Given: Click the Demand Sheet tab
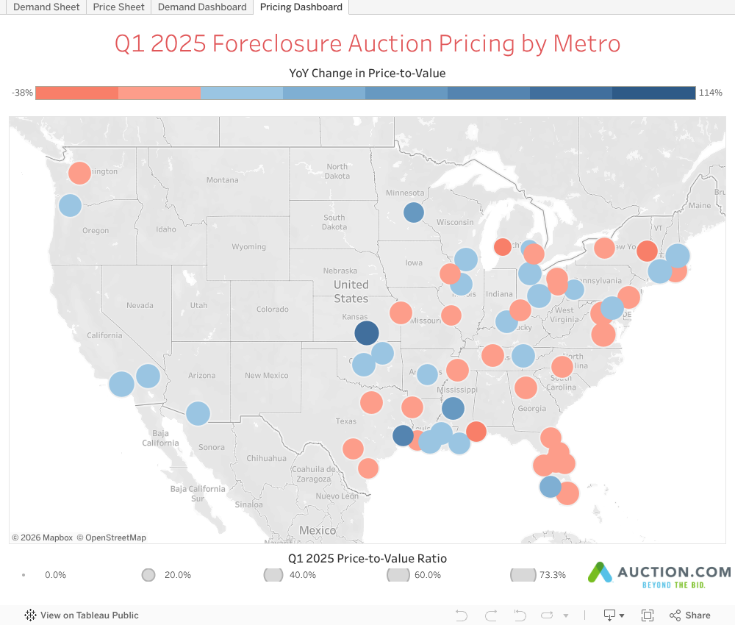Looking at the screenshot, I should point(46,7).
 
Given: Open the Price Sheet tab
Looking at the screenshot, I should point(119,7).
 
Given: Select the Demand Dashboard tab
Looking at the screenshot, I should point(202,7).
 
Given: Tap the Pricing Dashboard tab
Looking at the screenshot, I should point(301,7).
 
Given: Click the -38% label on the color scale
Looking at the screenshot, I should point(22,93).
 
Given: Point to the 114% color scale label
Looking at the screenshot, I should point(711,93).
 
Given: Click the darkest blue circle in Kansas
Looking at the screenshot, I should point(366,332).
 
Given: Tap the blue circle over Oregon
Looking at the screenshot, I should point(70,206).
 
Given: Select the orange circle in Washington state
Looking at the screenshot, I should point(79,174).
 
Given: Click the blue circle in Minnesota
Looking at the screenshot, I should point(414,213).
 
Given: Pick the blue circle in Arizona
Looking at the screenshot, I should point(198,413).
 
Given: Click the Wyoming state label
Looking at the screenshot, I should point(248,247).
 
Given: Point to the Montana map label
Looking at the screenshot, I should point(222,180).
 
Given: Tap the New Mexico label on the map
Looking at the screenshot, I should point(266,376).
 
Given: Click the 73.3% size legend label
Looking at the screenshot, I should point(552,575).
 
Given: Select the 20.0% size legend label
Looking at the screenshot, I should point(177,575).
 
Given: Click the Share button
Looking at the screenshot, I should point(690,615).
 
